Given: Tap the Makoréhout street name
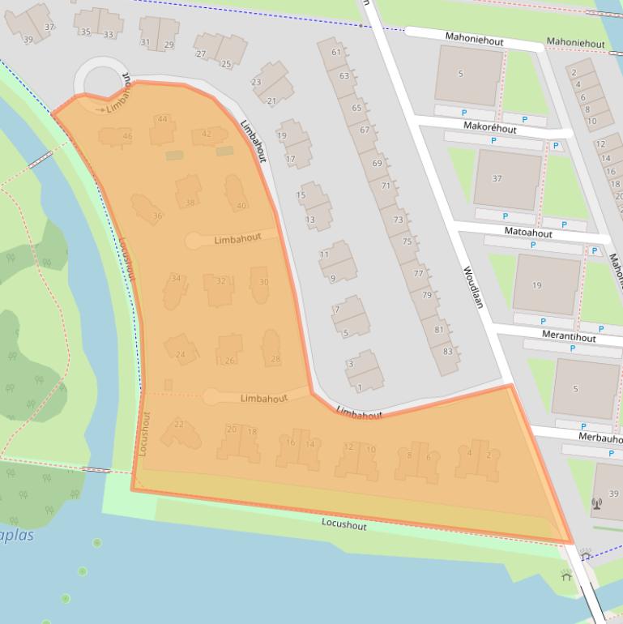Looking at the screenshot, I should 489,127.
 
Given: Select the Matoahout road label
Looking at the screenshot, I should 527,233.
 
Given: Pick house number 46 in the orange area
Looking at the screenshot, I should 127,136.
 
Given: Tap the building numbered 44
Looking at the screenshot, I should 163,120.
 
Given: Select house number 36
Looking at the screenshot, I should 157,216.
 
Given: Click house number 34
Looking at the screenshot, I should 176,279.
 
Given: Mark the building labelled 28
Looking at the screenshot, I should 275,359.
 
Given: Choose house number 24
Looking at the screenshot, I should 181,354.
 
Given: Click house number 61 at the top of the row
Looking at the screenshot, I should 336,52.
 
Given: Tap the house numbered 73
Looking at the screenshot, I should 398,220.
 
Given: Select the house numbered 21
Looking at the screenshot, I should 271,101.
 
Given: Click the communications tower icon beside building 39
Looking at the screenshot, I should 597,502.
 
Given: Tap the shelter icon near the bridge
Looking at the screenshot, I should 566,576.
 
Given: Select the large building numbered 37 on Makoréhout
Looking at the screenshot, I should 497,179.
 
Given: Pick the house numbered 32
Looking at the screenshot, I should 220,281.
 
